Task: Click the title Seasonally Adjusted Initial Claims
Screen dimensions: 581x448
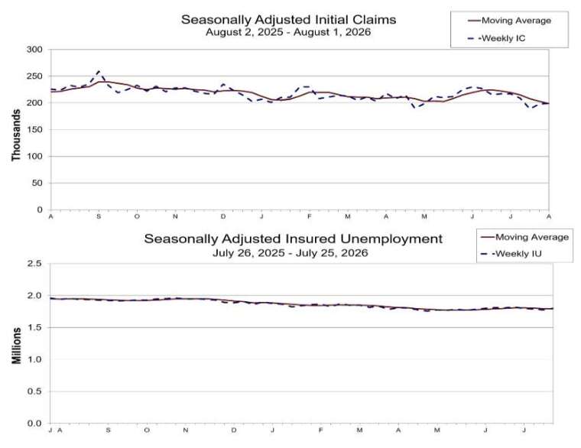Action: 289,19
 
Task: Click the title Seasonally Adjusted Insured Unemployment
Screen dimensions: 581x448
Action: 294,239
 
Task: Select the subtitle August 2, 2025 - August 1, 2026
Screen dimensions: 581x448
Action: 288,32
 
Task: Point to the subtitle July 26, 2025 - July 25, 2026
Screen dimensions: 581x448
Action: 290,253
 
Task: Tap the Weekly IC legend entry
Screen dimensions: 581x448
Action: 496,38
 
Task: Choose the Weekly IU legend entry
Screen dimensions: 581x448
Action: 511,254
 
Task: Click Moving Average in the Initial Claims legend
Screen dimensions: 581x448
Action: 510,21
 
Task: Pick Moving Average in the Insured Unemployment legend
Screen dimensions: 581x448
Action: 524,237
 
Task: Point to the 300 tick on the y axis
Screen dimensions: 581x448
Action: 34,49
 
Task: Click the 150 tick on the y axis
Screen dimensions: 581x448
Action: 34,130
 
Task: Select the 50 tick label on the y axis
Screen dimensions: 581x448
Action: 37,183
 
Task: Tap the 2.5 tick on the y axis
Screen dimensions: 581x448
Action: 34,264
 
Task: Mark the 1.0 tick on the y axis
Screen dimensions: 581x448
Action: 34,359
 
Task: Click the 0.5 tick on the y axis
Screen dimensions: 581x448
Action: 34,391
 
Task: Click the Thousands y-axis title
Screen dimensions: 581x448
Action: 15,135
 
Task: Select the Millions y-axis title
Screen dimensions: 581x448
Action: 16,346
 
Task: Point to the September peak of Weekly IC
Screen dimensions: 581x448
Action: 98,71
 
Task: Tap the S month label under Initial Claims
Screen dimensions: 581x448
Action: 99,216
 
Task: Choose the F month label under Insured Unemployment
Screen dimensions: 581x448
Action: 320,430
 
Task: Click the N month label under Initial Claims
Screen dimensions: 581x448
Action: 175,216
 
